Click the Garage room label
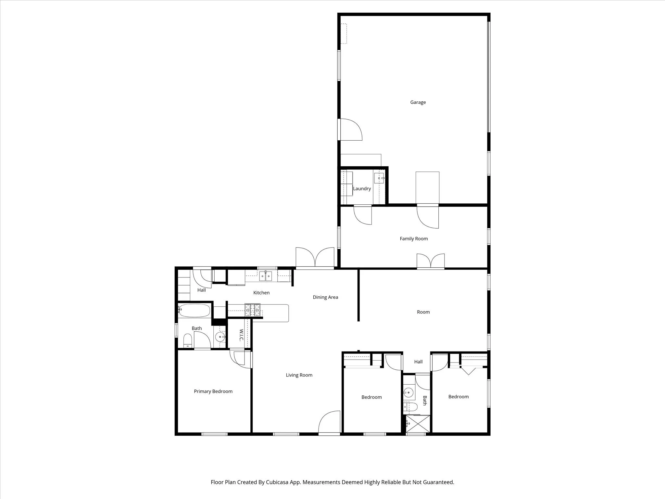coord(418,102)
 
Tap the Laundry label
coord(362,189)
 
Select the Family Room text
coord(414,239)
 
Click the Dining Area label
coord(325,297)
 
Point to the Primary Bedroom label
coord(213,391)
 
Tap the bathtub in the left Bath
coord(194,311)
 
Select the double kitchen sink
coord(265,276)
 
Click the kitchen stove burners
coord(252,310)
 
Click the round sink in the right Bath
coord(408,393)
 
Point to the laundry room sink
coord(379,178)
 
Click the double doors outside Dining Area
coord(315,258)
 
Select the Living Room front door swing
coord(330,422)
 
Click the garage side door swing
coord(351,130)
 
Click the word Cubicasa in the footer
coord(277,482)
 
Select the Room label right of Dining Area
coord(423,312)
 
